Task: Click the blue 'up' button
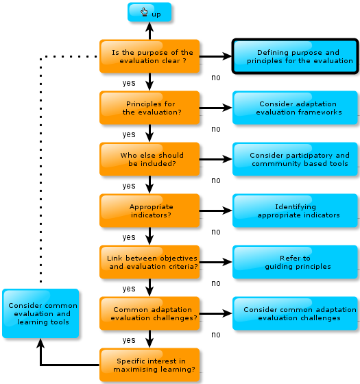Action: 149,12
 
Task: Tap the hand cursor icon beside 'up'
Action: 144,12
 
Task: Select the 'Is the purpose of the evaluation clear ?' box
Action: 149,56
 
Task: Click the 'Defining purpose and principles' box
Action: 295,56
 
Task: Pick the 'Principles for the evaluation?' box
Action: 149,108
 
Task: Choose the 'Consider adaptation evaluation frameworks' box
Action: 295,108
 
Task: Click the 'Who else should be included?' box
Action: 149,159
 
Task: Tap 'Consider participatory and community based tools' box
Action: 295,159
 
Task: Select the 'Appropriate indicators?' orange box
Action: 149,211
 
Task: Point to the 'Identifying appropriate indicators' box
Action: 295,211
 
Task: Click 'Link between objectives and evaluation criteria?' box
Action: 149,262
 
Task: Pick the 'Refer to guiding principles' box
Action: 295,262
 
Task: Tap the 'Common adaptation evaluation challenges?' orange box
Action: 149,313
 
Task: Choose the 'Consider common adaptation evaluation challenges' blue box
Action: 295,313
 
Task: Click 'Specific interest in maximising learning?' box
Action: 149,365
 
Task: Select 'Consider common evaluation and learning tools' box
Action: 40,313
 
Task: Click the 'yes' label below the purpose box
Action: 129,83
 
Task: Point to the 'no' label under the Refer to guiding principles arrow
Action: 216,283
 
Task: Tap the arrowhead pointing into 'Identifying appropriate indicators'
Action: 227,211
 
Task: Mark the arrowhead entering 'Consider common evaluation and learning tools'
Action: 40,344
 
